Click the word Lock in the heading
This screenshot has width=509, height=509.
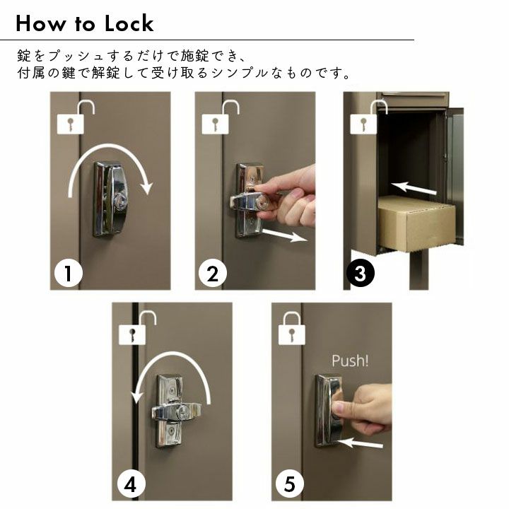point(129,23)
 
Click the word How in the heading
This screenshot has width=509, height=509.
point(40,23)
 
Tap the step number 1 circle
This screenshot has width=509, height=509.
point(68,273)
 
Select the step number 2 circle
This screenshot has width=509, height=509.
point(212,274)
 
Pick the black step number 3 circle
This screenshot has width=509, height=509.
point(361,273)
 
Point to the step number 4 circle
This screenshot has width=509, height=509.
point(131,485)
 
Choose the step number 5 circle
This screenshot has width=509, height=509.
point(290,484)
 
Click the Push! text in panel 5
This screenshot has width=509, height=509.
point(350,361)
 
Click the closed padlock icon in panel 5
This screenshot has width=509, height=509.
point(292,329)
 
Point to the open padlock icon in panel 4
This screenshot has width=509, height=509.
point(137,328)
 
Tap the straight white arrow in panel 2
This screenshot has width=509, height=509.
point(284,235)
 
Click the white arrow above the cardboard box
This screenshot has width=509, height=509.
point(414,187)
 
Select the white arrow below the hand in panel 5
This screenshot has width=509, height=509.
point(360,443)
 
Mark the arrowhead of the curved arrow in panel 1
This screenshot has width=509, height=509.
point(147,189)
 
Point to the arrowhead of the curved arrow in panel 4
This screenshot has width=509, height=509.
point(137,397)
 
